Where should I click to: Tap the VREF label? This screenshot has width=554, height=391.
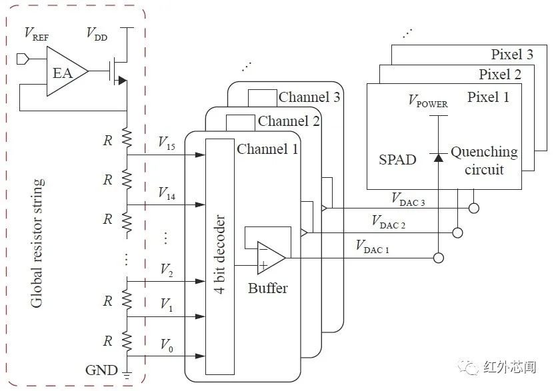(37, 33)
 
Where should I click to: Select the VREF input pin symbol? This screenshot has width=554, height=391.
(23, 59)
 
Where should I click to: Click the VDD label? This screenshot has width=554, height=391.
(97, 33)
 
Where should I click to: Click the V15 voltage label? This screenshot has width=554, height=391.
(167, 143)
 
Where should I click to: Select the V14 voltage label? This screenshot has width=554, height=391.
(167, 194)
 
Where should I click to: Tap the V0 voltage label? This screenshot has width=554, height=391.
(167, 345)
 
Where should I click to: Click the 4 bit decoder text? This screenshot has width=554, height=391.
(220, 254)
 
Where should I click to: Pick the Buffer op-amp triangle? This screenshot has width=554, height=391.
(271, 258)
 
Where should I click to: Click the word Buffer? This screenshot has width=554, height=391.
(268, 288)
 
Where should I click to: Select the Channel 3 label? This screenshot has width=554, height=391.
(309, 97)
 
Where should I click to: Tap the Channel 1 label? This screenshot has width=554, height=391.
(267, 149)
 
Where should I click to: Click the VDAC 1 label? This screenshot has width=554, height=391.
(373, 246)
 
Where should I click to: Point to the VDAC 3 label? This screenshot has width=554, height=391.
(408, 199)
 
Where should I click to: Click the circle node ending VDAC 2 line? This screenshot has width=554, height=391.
(457, 233)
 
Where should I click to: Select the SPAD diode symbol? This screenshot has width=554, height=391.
(439, 157)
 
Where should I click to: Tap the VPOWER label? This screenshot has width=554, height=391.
(428, 101)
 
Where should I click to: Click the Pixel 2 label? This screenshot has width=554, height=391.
(500, 75)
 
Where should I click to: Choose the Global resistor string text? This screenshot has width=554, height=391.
(37, 243)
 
